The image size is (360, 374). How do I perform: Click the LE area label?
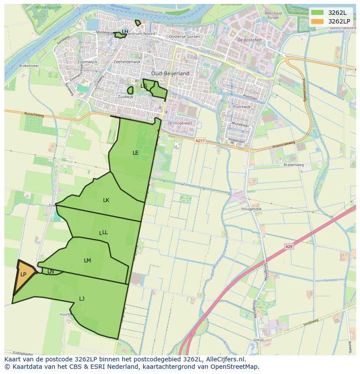coord(136,153)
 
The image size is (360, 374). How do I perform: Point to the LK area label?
coord(106,200)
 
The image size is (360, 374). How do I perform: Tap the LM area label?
coord(87,261)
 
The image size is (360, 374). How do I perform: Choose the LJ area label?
coord(82,298)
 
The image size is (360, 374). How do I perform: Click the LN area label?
coord(51,271)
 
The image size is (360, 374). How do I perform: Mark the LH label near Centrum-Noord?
coord(125,32)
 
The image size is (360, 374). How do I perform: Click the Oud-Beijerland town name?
coord(170,73)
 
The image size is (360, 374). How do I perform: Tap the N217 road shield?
coord(200,141)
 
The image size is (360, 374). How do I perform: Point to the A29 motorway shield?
coord(289,247)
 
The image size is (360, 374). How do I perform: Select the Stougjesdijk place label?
coord(251,209)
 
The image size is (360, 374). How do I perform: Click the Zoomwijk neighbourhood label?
coord(87,62)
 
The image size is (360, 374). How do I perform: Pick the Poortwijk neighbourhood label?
coord(242,106)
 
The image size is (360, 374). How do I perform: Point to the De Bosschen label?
coord(250,40)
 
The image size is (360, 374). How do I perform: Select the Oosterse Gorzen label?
coord(184,37)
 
